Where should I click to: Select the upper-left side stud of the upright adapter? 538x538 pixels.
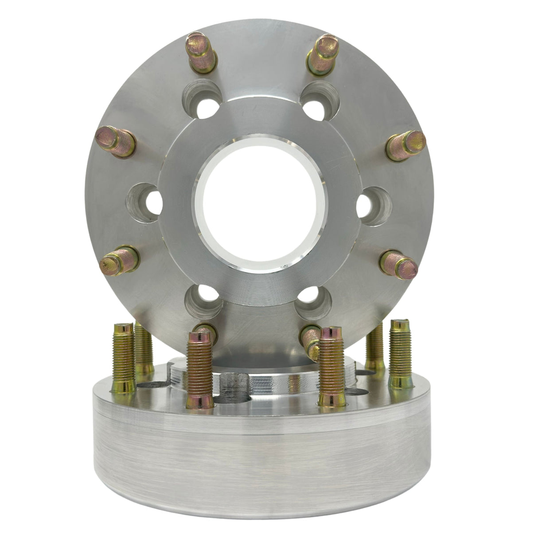(x=116, y=140)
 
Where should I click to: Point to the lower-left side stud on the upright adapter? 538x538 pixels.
(x=120, y=260)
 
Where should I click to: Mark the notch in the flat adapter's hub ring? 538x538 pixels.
(x=236, y=383)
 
